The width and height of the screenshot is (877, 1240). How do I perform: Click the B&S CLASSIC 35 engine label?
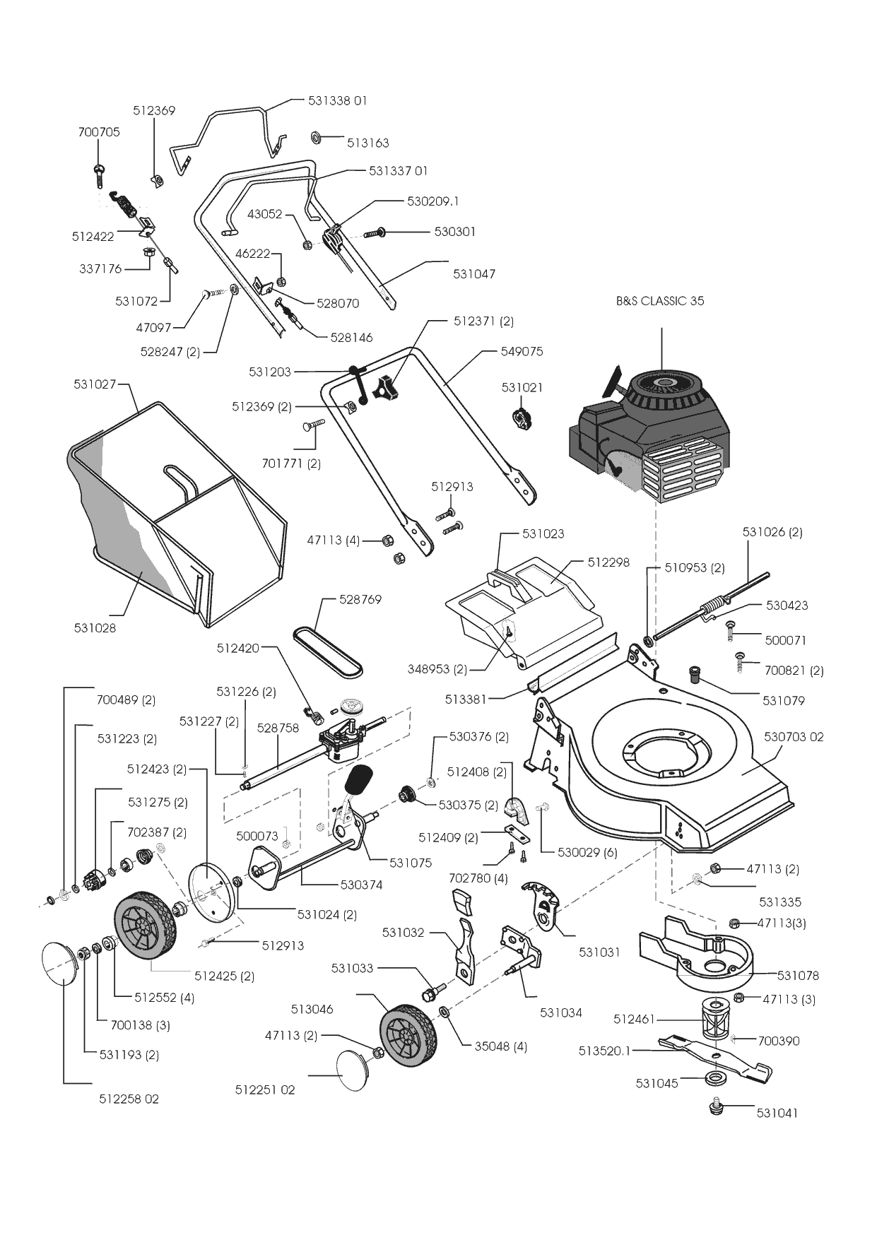pos(660,301)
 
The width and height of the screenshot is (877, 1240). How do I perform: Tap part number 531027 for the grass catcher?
pos(95,384)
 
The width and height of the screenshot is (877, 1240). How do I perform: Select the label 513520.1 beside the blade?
pos(604,1051)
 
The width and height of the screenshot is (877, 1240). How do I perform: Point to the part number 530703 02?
pos(794,737)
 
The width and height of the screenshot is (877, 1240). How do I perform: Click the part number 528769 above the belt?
pos(360,600)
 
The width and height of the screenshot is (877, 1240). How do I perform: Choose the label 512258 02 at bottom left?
pos(129,1099)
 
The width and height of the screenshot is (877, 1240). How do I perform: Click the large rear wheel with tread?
pos(144,925)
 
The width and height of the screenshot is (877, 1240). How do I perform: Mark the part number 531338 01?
pos(337,101)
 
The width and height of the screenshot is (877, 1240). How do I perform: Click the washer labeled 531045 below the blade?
pos(717,1079)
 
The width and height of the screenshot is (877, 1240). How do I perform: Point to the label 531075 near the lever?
pos(411,863)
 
